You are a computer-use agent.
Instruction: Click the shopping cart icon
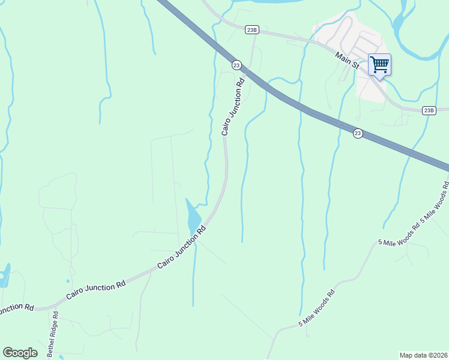pyautogui.click(x=379, y=64)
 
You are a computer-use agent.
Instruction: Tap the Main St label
pyautogui.click(x=347, y=61)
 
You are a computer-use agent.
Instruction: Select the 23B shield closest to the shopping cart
pyautogui.click(x=429, y=110)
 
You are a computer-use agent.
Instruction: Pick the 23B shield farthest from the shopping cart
pyautogui.click(x=252, y=29)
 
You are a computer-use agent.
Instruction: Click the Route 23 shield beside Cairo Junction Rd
pyautogui.click(x=237, y=65)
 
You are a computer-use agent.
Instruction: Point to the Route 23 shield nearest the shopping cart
pyautogui.click(x=358, y=133)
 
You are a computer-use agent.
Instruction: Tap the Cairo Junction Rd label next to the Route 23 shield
pyautogui.click(x=234, y=106)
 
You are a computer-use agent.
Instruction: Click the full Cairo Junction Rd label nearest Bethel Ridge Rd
pyautogui.click(x=95, y=288)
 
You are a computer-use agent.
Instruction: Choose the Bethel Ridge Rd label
pyautogui.click(x=52, y=334)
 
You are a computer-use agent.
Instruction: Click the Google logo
pyautogui.click(x=20, y=353)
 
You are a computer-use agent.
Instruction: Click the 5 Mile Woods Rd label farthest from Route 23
pyautogui.click(x=316, y=309)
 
